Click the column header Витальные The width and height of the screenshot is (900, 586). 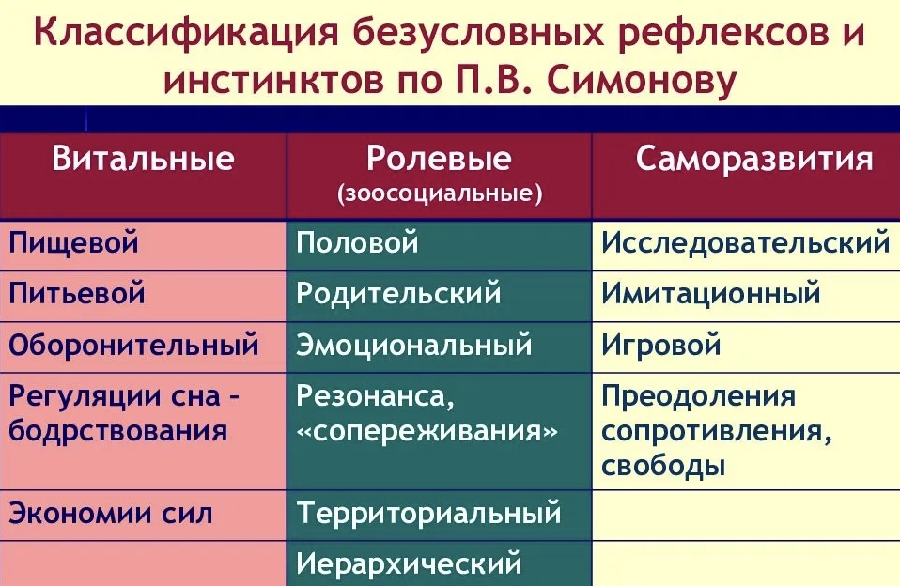tap(143, 159)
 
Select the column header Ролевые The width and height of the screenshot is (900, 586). tap(439, 159)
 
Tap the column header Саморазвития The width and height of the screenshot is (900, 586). tap(754, 159)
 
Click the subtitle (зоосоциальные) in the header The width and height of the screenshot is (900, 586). tap(440, 194)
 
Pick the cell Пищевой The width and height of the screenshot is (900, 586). tap(73, 242)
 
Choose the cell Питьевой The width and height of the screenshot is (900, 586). tap(76, 293)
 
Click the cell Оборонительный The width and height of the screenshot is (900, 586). tap(133, 345)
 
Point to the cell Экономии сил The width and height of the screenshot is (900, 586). tap(110, 513)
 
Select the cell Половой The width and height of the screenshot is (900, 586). tap(357, 242)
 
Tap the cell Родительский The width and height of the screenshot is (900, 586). tap(398, 294)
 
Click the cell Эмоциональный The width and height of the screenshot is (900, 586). tap(414, 345)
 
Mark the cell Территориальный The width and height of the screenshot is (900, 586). tap(428, 513)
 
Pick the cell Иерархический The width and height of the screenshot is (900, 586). tap(409, 563)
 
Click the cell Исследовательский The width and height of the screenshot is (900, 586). tap(746, 242)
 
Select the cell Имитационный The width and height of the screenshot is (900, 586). tap(710, 293)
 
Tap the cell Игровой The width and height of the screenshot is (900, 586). tap(660, 345)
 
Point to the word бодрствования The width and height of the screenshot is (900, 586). tap(117, 430)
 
